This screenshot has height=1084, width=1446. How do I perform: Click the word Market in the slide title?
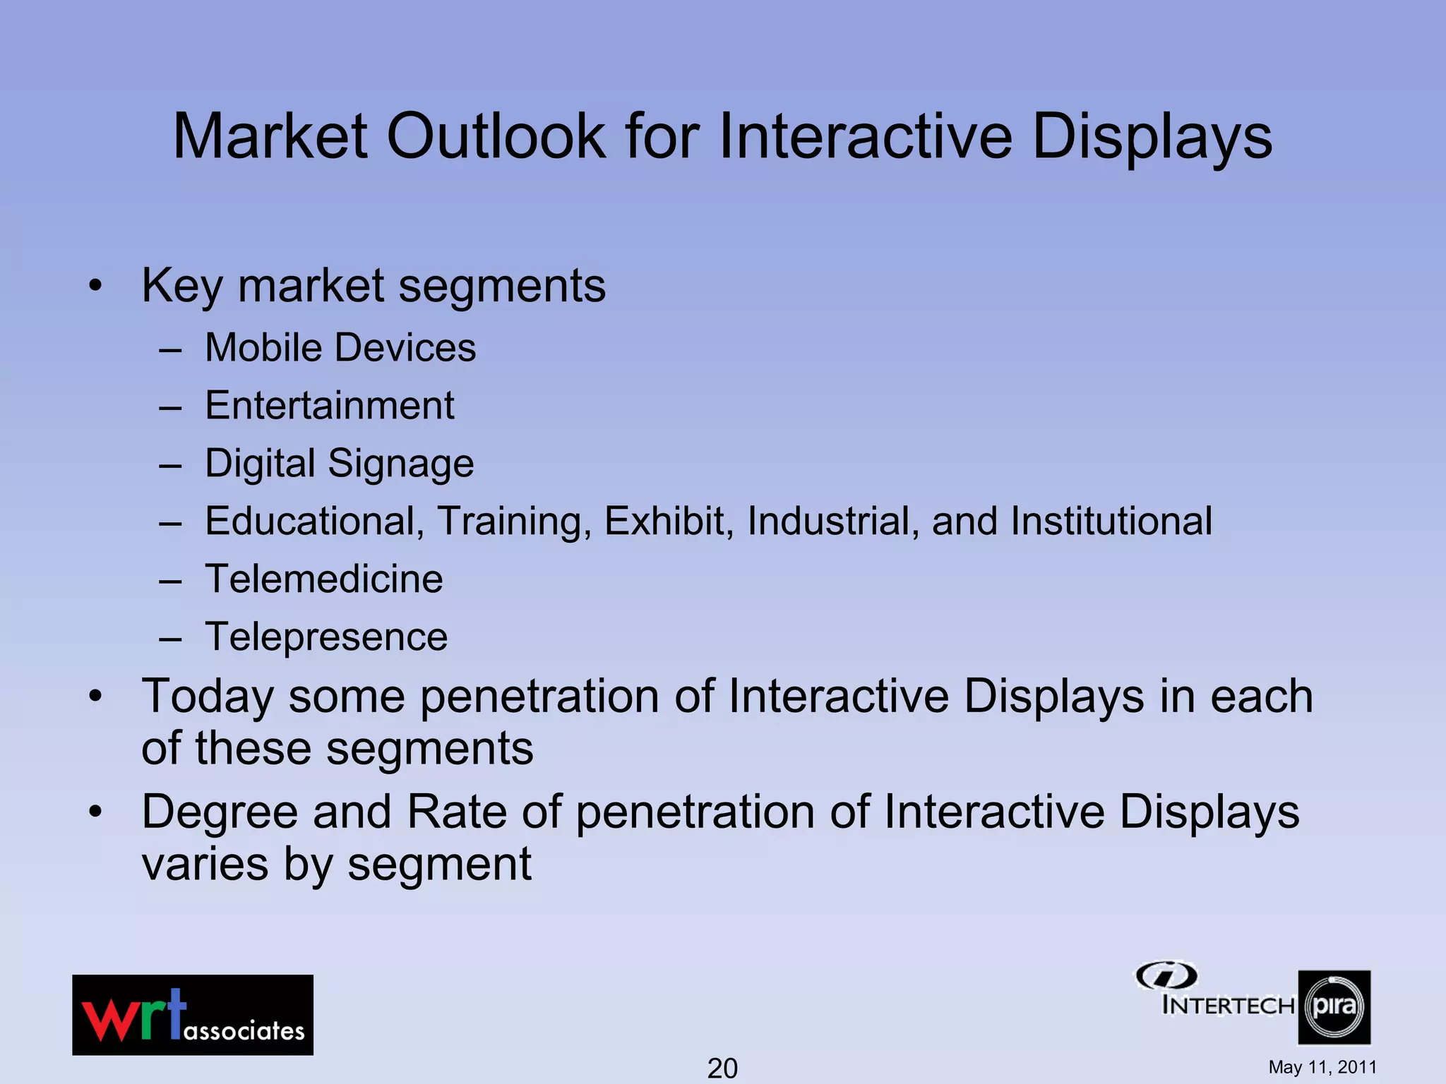(x=270, y=136)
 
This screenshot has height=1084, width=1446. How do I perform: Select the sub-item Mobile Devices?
(x=340, y=348)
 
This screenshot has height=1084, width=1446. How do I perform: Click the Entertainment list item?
(x=330, y=406)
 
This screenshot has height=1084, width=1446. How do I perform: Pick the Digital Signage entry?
(x=340, y=464)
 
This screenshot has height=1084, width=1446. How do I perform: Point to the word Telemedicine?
(x=324, y=579)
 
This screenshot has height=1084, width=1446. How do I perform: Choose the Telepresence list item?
(x=326, y=637)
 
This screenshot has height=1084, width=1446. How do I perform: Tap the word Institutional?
(x=1111, y=522)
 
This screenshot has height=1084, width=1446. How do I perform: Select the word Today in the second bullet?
(x=207, y=697)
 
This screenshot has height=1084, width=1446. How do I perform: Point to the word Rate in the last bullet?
(x=457, y=812)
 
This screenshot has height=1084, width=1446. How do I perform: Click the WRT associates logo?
(x=193, y=1015)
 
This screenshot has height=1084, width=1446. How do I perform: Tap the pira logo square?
(x=1334, y=1007)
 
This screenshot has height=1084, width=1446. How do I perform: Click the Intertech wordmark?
(x=1228, y=1004)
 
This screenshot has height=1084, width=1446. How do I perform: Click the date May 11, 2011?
(x=1322, y=1067)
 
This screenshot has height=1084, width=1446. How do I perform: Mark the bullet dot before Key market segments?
(x=95, y=287)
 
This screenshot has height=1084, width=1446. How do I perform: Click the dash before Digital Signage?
(x=170, y=466)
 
